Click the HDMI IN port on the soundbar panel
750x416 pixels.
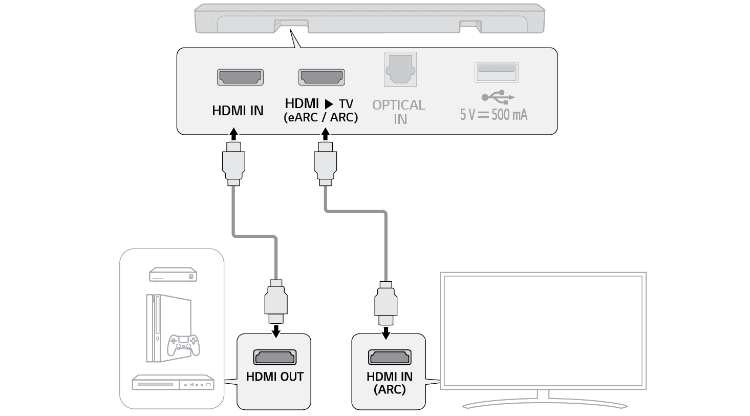(x=241, y=77)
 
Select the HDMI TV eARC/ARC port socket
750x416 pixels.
(x=322, y=77)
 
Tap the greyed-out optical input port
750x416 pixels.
(x=400, y=69)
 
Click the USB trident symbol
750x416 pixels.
(x=498, y=97)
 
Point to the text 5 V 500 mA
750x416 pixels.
(x=494, y=114)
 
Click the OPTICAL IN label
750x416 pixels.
(x=399, y=112)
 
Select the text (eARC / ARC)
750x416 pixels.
(x=321, y=117)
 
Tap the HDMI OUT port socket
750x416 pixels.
(x=274, y=357)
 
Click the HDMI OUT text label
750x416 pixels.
(x=275, y=377)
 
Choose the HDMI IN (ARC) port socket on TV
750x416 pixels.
(x=390, y=357)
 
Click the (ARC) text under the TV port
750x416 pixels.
(x=389, y=389)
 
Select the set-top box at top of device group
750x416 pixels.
(x=173, y=275)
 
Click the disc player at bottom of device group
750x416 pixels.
(x=173, y=383)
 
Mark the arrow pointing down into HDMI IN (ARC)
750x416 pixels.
(x=387, y=334)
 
